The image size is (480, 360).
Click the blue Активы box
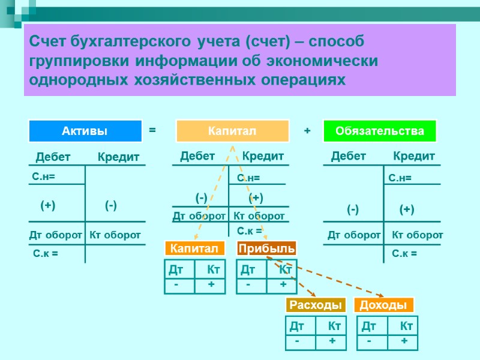pyautogui.click(x=86, y=131)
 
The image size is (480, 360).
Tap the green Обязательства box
pyautogui.click(x=380, y=131)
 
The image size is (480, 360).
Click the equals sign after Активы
pyautogui.click(x=152, y=130)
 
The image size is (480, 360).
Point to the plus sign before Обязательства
pyautogui.click(x=307, y=130)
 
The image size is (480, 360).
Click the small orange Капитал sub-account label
pyautogui.click(x=194, y=248)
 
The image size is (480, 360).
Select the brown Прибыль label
pyautogui.click(x=266, y=248)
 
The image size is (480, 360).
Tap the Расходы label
pyautogui.click(x=316, y=305)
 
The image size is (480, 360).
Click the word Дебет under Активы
pyautogui.click(x=53, y=157)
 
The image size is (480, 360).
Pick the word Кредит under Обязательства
pyautogui.click(x=414, y=157)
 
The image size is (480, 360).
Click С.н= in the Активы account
pyautogui.click(x=44, y=176)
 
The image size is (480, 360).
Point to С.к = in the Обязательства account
pyautogui.click(x=404, y=254)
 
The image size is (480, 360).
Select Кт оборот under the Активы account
pyautogui.click(x=115, y=235)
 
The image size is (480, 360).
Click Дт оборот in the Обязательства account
pyautogui.click(x=354, y=235)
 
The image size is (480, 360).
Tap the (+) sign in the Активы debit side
pyautogui.click(x=48, y=205)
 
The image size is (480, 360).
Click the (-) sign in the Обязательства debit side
pyautogui.click(x=353, y=209)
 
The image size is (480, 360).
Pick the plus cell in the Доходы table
pyautogui.click(x=404, y=341)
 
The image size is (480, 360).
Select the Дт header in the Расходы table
pyautogui.click(x=297, y=326)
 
